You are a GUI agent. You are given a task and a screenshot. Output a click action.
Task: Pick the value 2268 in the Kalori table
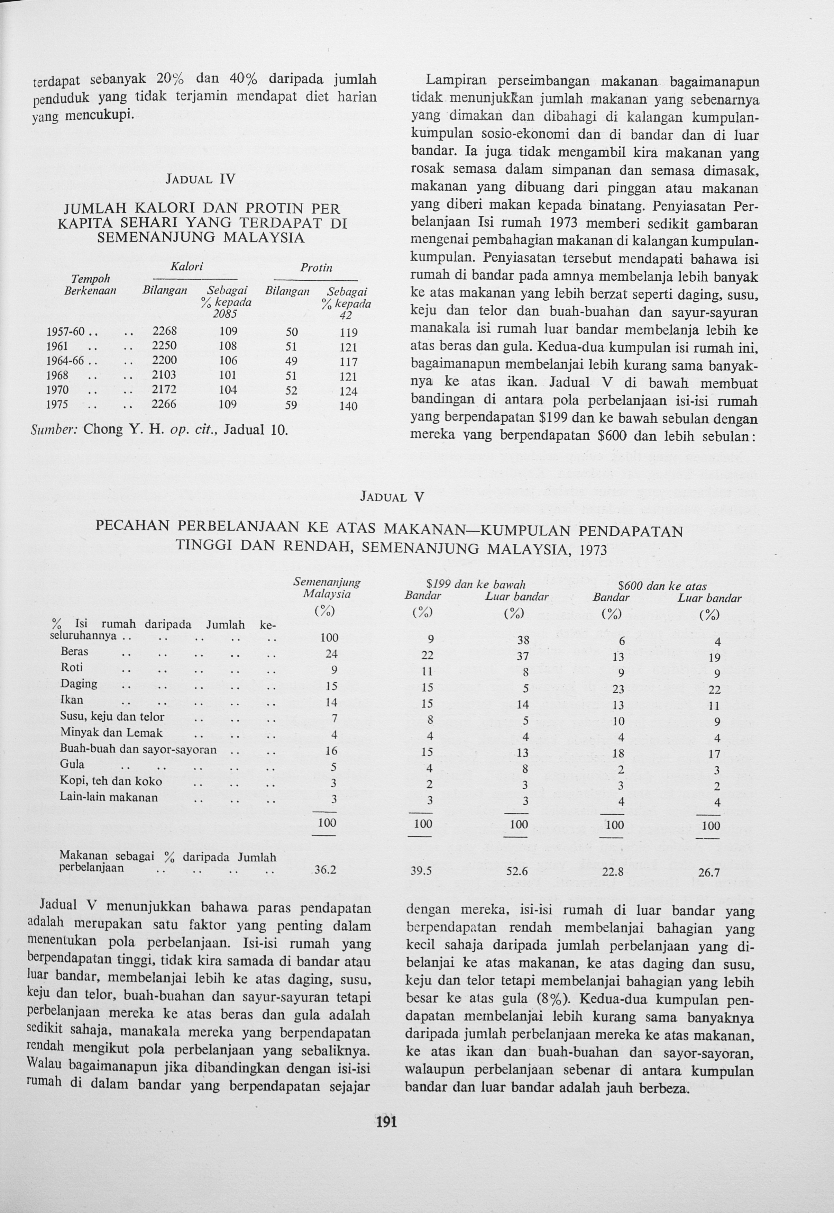click(165, 331)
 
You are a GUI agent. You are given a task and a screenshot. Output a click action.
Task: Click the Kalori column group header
click(186, 266)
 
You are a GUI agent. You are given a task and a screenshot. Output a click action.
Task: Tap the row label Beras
click(74, 651)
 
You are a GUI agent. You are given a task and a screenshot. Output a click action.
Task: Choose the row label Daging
click(79, 684)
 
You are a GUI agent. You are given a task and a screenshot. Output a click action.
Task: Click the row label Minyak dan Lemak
click(111, 733)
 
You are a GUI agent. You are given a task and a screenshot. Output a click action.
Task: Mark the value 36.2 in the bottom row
click(325, 870)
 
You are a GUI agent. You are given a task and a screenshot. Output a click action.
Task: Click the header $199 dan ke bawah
click(476, 585)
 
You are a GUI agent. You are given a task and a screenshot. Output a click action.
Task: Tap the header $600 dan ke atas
click(662, 586)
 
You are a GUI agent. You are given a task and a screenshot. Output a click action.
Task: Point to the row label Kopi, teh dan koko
click(111, 781)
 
